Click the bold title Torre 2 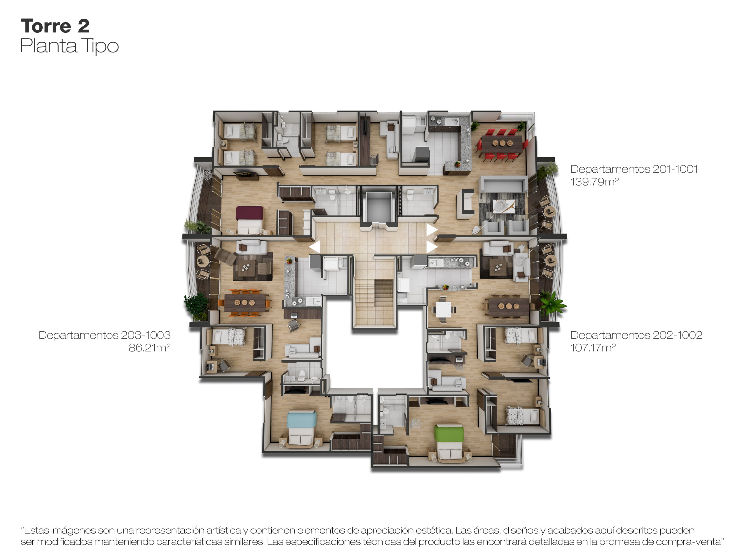55,26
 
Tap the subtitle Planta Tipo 69,46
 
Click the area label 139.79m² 594,182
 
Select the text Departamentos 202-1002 636,335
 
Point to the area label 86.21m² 149,348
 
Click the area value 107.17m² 593,348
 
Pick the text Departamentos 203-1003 105,335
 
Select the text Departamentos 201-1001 634,169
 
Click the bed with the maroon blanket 249,220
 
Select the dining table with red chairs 502,143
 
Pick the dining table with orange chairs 245,303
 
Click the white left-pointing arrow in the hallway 315,247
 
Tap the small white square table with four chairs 443,309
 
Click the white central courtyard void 374,358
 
